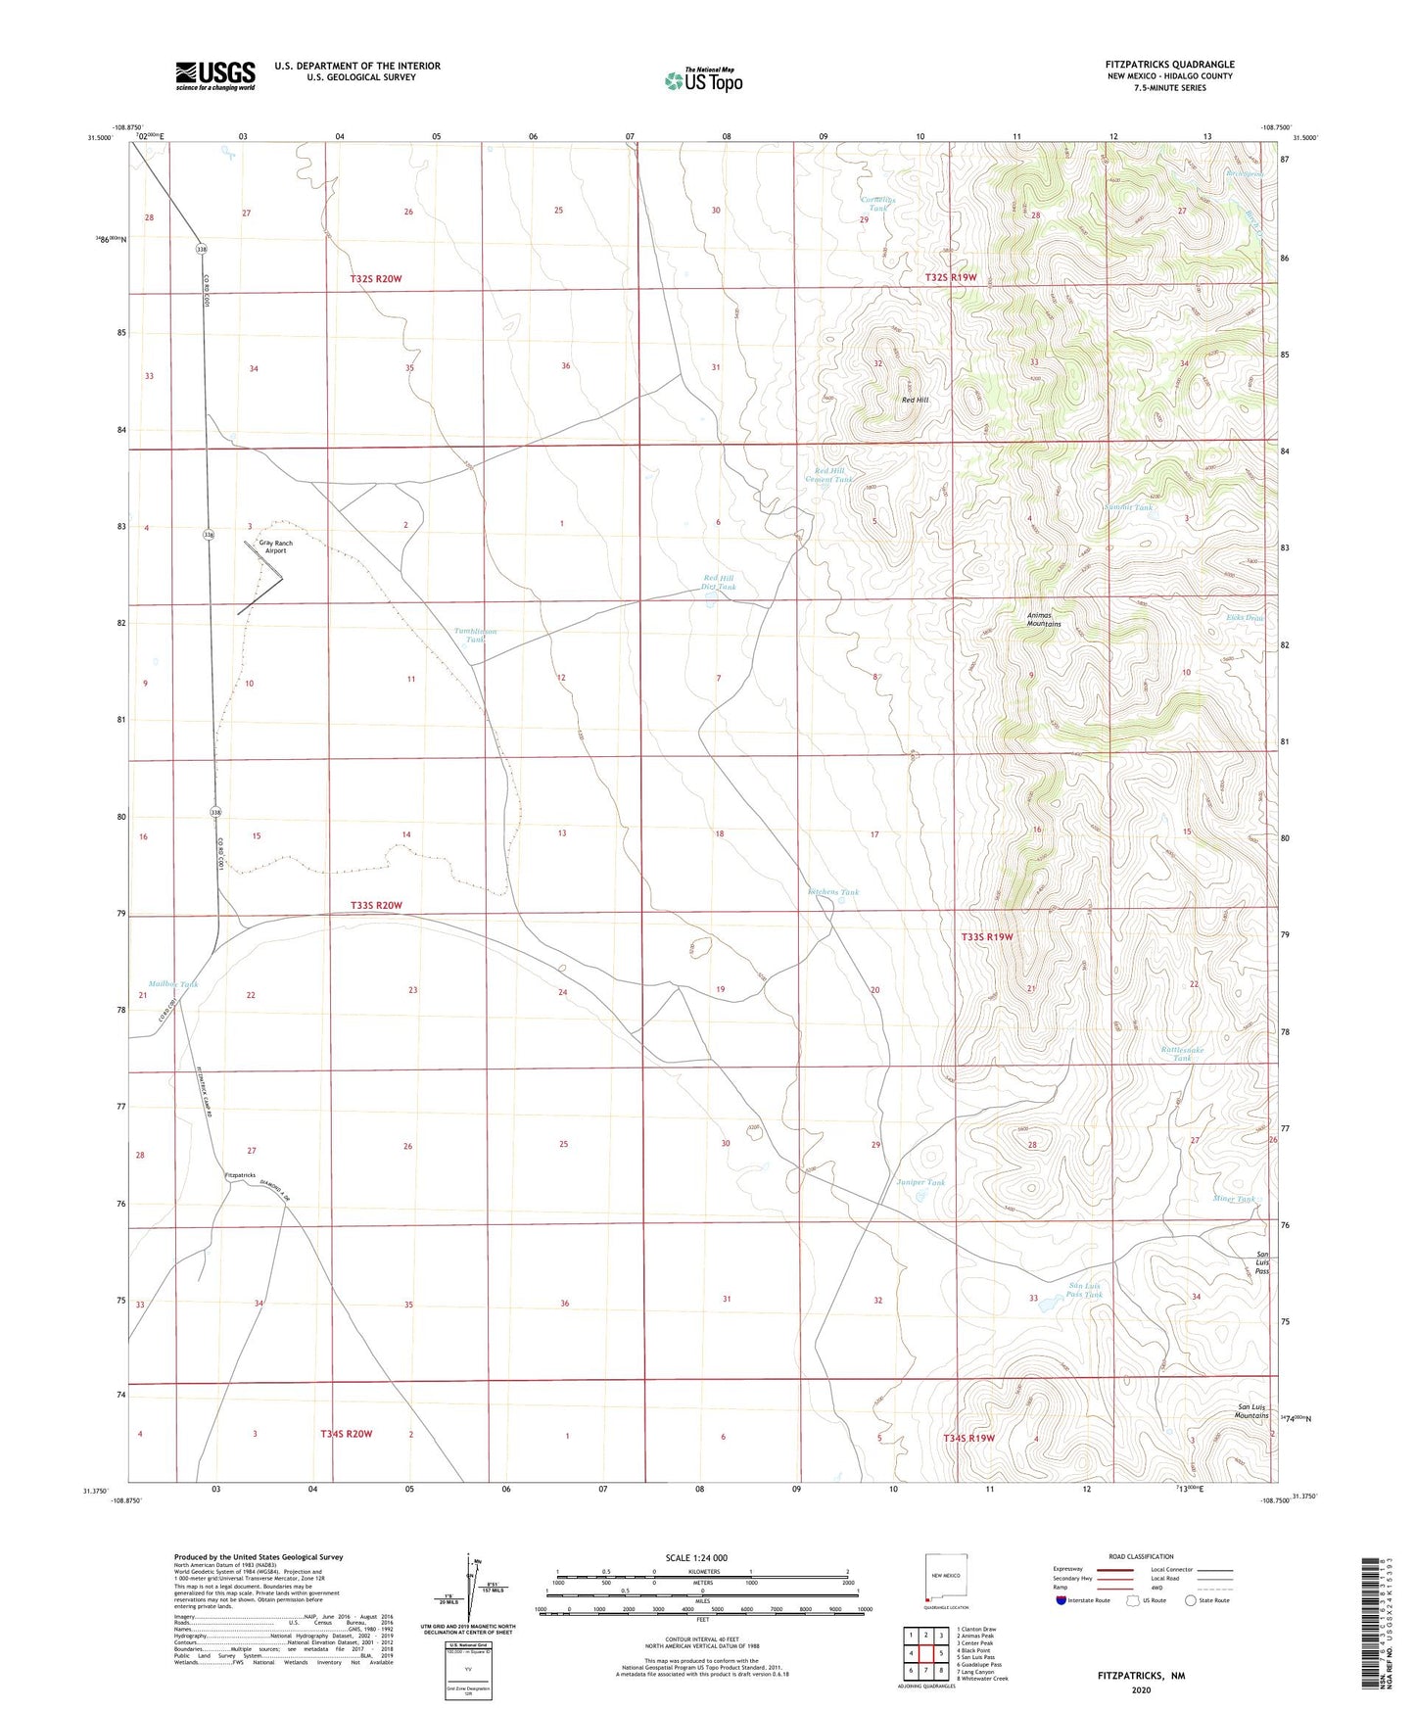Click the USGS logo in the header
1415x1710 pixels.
click(215, 75)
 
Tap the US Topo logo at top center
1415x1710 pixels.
click(703, 79)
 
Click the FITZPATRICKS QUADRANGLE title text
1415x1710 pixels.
click(1169, 65)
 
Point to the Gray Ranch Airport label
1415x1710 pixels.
click(275, 546)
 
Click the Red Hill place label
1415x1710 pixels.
click(915, 400)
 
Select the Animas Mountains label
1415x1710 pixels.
click(1043, 619)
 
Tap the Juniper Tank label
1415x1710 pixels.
click(920, 1182)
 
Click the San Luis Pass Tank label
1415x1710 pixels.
click(1084, 1290)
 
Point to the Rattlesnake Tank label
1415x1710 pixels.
click(1182, 1054)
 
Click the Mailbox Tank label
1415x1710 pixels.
click(173, 984)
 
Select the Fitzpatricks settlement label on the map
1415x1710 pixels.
click(240, 1174)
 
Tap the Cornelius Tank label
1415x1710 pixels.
click(877, 204)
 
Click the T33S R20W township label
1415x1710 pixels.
click(376, 905)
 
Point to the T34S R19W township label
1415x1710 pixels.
click(968, 1438)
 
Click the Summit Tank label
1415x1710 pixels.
click(1128, 507)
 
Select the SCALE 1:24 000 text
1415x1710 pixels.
click(696, 1557)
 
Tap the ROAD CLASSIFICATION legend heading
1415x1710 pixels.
click(1141, 1556)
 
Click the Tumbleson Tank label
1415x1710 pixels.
click(475, 636)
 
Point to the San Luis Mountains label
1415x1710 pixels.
click(1250, 1411)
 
